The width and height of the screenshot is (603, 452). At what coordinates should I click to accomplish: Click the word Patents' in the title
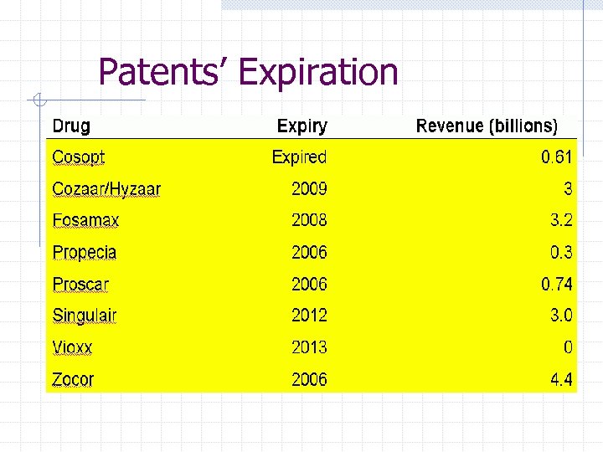coord(164,72)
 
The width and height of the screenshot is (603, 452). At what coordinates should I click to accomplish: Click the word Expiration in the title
coord(317,72)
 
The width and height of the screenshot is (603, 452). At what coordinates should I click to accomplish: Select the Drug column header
coord(71,126)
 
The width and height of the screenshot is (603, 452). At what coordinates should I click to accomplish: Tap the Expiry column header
coord(302,126)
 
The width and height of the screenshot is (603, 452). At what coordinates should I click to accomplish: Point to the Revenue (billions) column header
coord(487,126)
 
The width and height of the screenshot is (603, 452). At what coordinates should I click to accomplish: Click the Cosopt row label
coord(79,157)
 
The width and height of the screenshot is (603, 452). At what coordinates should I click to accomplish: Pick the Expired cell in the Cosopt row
coord(300,157)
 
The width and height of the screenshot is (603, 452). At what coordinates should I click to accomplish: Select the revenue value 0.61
coord(557,157)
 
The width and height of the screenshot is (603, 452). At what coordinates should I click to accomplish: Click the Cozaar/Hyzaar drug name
coord(106,189)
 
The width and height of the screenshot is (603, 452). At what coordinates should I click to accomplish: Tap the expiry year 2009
coord(309,189)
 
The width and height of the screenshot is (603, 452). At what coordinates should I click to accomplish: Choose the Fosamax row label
coord(85,221)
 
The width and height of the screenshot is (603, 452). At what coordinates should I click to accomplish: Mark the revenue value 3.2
coord(561,221)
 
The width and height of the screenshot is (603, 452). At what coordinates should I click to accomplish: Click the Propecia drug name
coord(85,253)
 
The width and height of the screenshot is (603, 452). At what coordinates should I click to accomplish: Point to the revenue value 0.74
coord(557,285)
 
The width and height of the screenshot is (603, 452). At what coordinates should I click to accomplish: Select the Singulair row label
coord(85,316)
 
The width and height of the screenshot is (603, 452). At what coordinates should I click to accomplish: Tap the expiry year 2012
coord(309,316)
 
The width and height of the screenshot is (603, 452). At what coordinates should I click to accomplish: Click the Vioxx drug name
coord(72,347)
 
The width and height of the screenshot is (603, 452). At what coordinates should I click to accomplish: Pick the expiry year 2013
coord(309,347)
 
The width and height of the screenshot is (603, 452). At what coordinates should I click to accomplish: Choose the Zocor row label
coord(73,379)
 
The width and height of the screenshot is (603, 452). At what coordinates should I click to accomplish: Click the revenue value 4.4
coord(561,379)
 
